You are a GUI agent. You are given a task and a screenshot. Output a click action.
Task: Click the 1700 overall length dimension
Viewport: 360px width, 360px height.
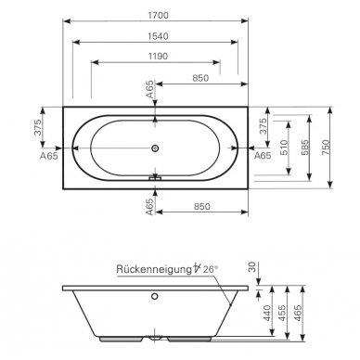point(158,15)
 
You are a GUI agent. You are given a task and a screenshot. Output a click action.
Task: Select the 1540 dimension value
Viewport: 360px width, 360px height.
point(158,36)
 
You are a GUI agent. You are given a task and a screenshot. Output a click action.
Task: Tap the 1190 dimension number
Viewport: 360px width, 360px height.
point(158,56)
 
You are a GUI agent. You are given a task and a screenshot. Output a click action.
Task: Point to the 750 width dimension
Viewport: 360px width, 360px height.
point(326,148)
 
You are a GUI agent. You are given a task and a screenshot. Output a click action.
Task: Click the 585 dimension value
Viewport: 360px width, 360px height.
point(304,148)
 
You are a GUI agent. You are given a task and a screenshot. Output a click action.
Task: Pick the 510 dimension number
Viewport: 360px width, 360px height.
point(284,148)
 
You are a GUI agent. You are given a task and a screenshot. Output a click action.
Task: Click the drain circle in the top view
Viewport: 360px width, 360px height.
point(155,148)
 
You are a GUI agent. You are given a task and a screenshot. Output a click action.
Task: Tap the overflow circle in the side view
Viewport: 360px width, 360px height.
point(154,296)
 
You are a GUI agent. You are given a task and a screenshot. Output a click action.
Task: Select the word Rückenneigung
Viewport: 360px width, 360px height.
point(154,269)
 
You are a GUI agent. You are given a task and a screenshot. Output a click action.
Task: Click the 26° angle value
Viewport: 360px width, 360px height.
point(211,269)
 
